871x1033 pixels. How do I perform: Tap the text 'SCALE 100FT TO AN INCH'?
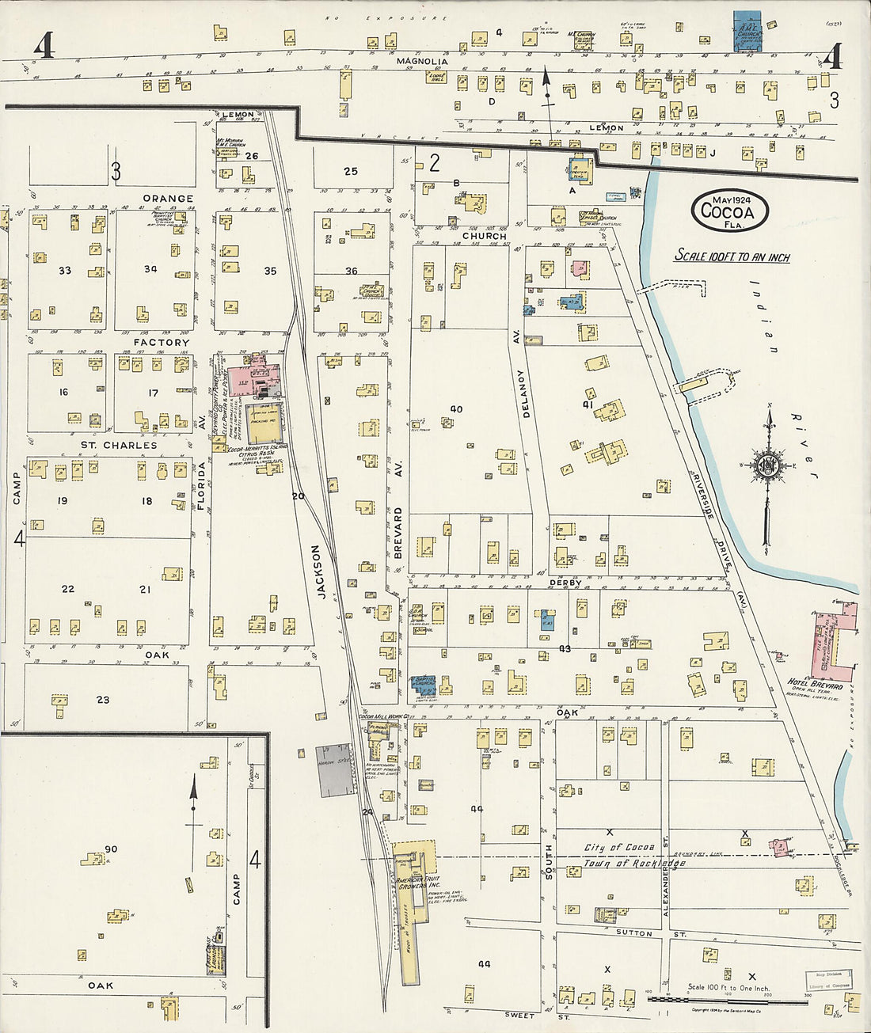point(732,256)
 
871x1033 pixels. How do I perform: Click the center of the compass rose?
point(767,465)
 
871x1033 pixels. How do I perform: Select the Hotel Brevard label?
point(815,683)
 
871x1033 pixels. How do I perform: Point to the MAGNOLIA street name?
point(422,61)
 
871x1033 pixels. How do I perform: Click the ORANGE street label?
point(168,199)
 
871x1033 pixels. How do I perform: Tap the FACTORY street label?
point(162,342)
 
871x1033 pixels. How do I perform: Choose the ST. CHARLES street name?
point(119,445)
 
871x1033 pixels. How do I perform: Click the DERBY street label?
point(565,583)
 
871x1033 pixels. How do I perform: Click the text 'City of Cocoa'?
point(618,848)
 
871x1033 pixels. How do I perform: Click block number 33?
point(64,271)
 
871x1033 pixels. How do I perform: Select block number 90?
point(111,849)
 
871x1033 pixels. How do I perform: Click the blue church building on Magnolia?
point(747,32)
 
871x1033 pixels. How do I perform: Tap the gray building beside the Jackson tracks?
point(333,770)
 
